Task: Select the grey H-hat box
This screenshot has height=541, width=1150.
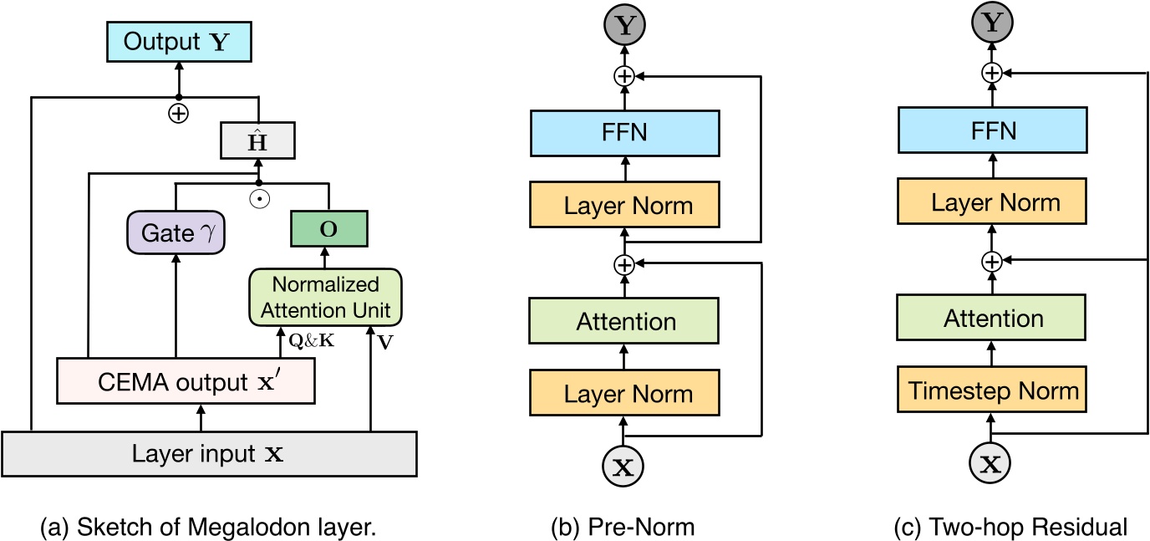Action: click(259, 140)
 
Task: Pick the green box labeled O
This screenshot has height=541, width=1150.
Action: click(329, 228)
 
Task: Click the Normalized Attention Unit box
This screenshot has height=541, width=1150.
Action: click(325, 296)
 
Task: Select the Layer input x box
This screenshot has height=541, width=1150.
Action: click(208, 453)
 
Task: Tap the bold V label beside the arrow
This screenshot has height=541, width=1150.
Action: click(382, 341)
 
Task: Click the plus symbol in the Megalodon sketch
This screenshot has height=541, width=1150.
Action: click(177, 113)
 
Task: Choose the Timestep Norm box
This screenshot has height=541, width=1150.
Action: click(993, 391)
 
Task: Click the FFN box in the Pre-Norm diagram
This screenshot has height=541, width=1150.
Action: click(623, 132)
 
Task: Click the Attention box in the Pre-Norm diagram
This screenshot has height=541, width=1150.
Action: click(623, 321)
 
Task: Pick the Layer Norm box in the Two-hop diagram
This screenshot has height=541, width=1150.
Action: click(993, 202)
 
